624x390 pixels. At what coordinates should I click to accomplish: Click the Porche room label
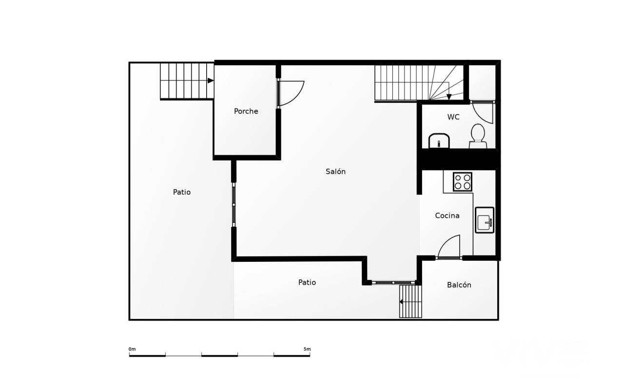point(246,112)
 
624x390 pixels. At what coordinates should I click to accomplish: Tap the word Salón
point(336,171)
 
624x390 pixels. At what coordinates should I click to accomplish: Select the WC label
point(453,117)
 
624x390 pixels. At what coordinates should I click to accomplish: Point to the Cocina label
point(447,215)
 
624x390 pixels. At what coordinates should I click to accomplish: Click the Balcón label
point(459,285)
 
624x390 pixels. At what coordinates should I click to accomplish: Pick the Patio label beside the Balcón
point(307,282)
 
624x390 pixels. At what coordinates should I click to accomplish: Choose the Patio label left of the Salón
point(182,192)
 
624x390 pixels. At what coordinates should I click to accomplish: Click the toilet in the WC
point(477,136)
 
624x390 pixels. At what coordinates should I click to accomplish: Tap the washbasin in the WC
point(439,141)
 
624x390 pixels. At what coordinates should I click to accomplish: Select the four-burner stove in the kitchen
point(463,182)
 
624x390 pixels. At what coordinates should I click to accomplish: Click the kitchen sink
point(485,220)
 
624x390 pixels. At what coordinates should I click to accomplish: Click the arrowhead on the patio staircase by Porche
point(211,81)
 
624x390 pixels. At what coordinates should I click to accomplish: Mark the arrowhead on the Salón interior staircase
point(449,97)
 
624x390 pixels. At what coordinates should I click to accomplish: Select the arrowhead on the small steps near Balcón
point(401,302)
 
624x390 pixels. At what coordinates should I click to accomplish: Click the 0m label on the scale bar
point(132,349)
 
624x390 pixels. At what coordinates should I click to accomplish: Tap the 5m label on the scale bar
point(307,349)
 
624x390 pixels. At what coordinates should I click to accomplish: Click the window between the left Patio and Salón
point(234,205)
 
